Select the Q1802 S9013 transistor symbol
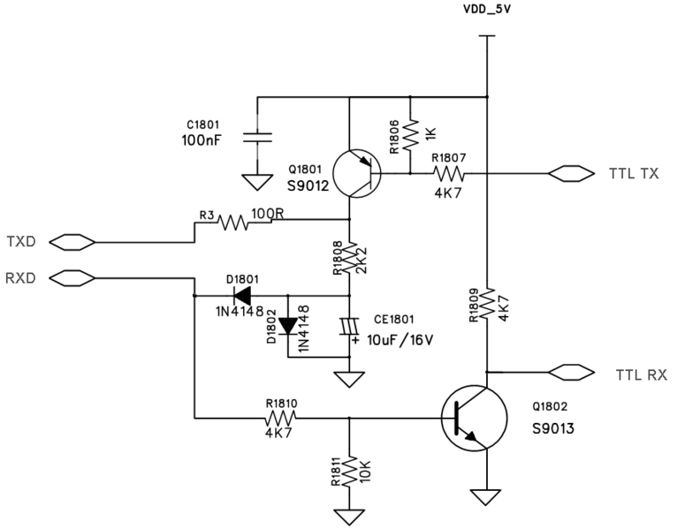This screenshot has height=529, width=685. [473, 419]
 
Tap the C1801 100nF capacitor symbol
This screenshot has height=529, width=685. [256, 139]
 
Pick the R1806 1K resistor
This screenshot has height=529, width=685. [411, 135]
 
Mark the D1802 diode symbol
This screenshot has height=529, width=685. [288, 326]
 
